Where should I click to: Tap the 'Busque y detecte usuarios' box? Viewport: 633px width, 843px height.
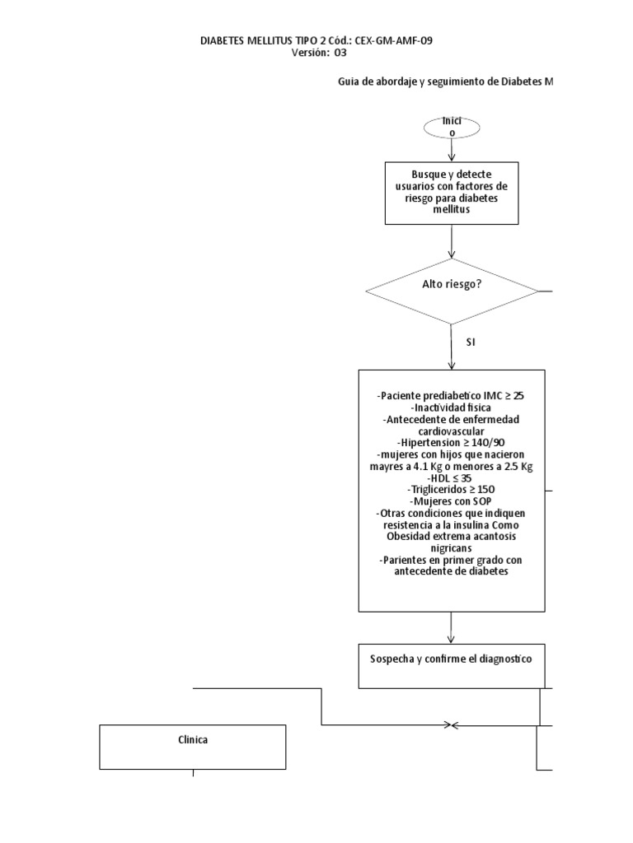point(452,193)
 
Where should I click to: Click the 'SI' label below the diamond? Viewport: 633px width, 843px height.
point(471,342)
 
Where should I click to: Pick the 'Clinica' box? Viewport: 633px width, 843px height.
point(193,747)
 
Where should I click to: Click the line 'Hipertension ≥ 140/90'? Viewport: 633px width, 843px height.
point(451,442)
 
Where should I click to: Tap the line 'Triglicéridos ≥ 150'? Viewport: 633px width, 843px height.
point(451,488)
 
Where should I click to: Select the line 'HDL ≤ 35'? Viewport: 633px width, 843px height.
point(451,477)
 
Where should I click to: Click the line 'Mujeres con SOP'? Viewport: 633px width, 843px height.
point(451,501)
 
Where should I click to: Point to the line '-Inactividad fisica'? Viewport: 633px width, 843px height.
point(451,408)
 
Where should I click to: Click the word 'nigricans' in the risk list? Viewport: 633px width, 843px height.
point(451,547)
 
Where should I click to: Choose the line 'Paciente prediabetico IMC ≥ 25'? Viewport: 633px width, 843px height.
point(451,396)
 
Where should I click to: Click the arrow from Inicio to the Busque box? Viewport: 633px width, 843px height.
point(452,151)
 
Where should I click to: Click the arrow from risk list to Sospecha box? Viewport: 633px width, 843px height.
point(452,627)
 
